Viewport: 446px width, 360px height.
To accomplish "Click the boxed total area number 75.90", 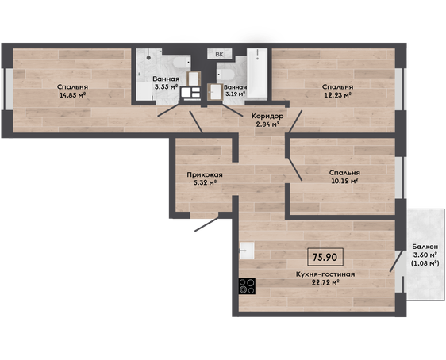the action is click(x=325, y=257).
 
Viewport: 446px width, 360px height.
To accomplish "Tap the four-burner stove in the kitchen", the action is click(x=247, y=285).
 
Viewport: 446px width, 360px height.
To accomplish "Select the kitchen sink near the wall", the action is click(x=247, y=251).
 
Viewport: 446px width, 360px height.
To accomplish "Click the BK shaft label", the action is click(x=219, y=54).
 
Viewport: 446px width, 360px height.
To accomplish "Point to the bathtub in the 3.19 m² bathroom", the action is click(x=257, y=74).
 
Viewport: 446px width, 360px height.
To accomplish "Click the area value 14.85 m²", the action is click(x=72, y=95).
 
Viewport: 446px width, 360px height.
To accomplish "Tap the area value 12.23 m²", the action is click(x=337, y=95).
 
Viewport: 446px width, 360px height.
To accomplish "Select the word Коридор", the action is click(x=267, y=116).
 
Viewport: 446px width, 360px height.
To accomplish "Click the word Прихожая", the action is click(x=205, y=174).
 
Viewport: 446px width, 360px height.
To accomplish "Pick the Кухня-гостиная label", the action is click(x=325, y=274).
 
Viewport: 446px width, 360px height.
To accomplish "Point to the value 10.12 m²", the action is click(x=344, y=181).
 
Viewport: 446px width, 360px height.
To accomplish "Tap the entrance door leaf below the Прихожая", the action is click(x=207, y=224).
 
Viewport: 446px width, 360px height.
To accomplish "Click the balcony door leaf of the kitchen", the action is click(x=397, y=261).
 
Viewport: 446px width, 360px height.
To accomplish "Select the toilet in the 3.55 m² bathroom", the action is click(x=181, y=63).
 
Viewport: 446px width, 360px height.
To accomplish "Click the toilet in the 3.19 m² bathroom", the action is click(x=226, y=75).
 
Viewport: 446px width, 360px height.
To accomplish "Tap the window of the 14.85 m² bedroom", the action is click(x=8, y=89).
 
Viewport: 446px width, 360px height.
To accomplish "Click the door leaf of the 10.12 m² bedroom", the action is click(x=294, y=169).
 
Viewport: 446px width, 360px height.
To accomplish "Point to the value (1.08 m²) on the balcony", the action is click(x=425, y=263).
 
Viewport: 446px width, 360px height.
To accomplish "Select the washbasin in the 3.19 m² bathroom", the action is click(x=215, y=92).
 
